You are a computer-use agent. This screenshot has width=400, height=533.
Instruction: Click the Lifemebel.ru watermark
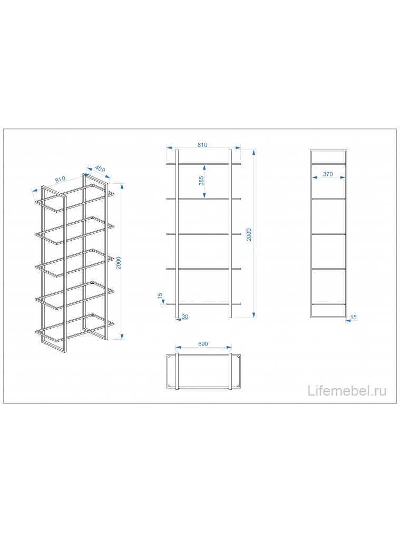coord(347,391)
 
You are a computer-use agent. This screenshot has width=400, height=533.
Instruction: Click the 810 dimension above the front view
coord(202,145)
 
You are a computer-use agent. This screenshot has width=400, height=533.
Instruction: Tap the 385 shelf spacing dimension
coord(201,181)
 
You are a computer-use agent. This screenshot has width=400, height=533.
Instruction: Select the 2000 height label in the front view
coord(249,234)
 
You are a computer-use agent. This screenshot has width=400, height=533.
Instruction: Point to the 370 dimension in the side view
coord(328,174)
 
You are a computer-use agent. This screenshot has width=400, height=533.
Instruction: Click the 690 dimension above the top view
coord(203,344)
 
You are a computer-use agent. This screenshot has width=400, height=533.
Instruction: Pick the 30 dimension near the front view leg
coord(185,317)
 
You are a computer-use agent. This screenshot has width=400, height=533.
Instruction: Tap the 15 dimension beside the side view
coord(354,318)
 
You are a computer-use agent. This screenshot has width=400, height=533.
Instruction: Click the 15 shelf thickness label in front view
coord(160,296)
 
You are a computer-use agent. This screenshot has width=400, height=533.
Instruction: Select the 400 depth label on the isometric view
coord(100,169)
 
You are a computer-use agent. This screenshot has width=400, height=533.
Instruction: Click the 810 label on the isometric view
coord(60,180)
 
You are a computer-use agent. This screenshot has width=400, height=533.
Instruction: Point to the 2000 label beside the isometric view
coord(119,263)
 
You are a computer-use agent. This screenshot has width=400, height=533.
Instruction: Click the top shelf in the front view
coord(204,164)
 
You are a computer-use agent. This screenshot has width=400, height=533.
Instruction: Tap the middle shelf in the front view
coord(204,234)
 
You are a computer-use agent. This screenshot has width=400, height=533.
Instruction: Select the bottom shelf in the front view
coord(204,304)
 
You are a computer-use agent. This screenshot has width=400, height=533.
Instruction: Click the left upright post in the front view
coord(177,234)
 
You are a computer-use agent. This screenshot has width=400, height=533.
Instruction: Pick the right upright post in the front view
coord(230,234)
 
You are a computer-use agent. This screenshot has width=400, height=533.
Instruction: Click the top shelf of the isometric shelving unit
coord(74,198)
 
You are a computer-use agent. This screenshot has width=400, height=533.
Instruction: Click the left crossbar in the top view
coord(177,371)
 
